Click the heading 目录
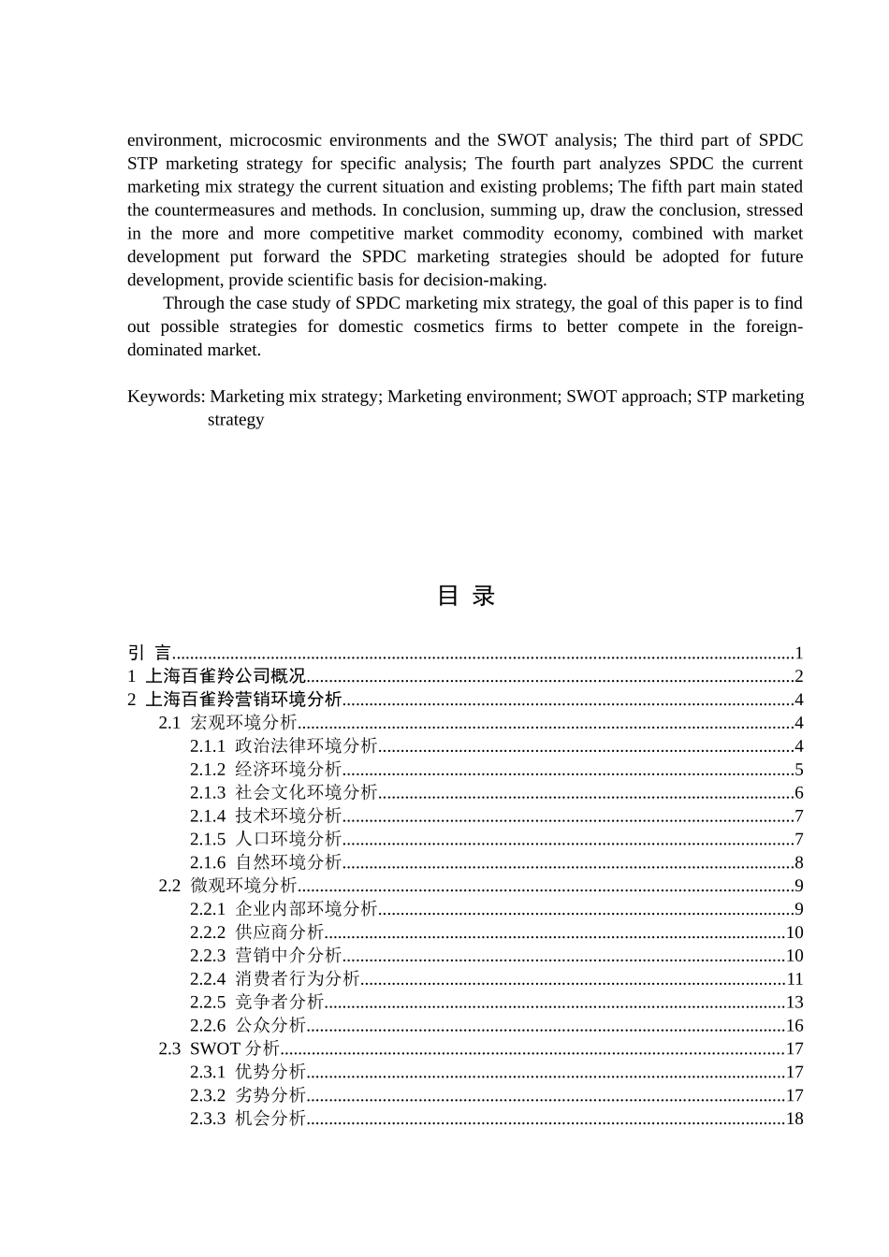(x=465, y=596)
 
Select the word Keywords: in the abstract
(x=166, y=397)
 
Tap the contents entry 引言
(x=149, y=653)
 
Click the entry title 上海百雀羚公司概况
(x=226, y=676)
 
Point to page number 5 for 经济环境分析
(x=798, y=770)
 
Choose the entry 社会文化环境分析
(x=306, y=793)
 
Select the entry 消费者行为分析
(x=297, y=979)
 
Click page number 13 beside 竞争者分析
(x=794, y=1003)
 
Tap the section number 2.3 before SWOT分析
(x=169, y=1049)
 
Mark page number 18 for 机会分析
(x=794, y=1119)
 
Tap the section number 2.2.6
(x=208, y=1026)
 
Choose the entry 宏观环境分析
(x=243, y=723)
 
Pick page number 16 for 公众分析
(x=794, y=1026)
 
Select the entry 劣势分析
(x=270, y=1095)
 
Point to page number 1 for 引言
(x=798, y=653)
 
